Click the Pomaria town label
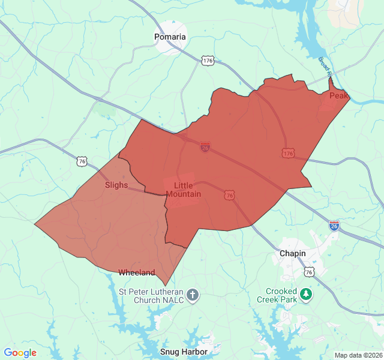click(170, 37)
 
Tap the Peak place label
click(338, 95)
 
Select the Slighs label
click(116, 185)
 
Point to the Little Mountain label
click(184, 190)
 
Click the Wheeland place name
click(136, 272)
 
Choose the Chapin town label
click(293, 253)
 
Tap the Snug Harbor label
click(184, 352)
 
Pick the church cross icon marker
click(193, 295)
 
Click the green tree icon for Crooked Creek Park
click(307, 294)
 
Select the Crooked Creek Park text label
click(277, 295)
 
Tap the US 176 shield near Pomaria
click(208, 61)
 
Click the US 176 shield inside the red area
click(288, 154)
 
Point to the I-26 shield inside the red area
click(205, 147)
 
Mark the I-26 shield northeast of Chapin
click(334, 226)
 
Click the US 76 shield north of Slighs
click(82, 161)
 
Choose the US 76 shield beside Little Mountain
click(229, 195)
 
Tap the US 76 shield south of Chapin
click(309, 272)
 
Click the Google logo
click(20, 353)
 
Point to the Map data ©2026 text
click(358, 355)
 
